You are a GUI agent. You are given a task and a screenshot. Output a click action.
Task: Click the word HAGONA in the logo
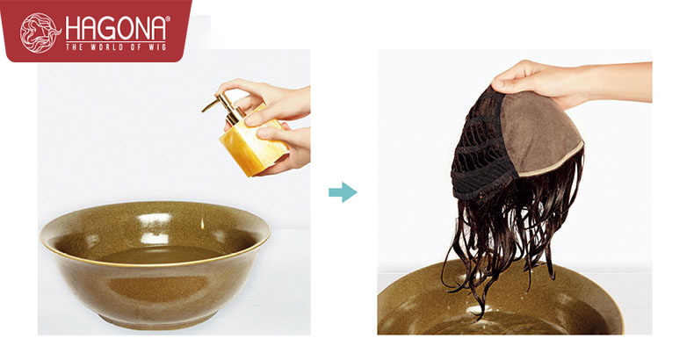pyautogui.click(x=116, y=29)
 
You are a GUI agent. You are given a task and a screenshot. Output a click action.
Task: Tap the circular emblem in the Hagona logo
pyautogui.click(x=40, y=32)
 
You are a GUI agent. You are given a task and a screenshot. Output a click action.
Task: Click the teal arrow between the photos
pyautogui.click(x=343, y=192)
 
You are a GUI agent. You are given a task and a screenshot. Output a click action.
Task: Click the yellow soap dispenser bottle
pyautogui.click(x=250, y=141)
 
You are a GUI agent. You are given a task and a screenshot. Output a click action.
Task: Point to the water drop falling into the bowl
pyautogui.click(x=202, y=223)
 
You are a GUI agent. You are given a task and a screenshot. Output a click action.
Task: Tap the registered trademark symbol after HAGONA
pyautogui.click(x=167, y=19)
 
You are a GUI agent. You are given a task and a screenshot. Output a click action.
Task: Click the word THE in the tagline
pyautogui.click(x=75, y=47)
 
